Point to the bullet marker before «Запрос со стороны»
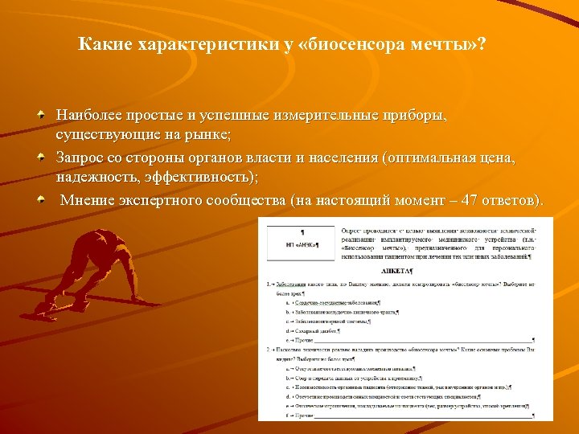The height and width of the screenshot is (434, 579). (x=40, y=158)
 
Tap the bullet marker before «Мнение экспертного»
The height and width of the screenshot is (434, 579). (x=40, y=199)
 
